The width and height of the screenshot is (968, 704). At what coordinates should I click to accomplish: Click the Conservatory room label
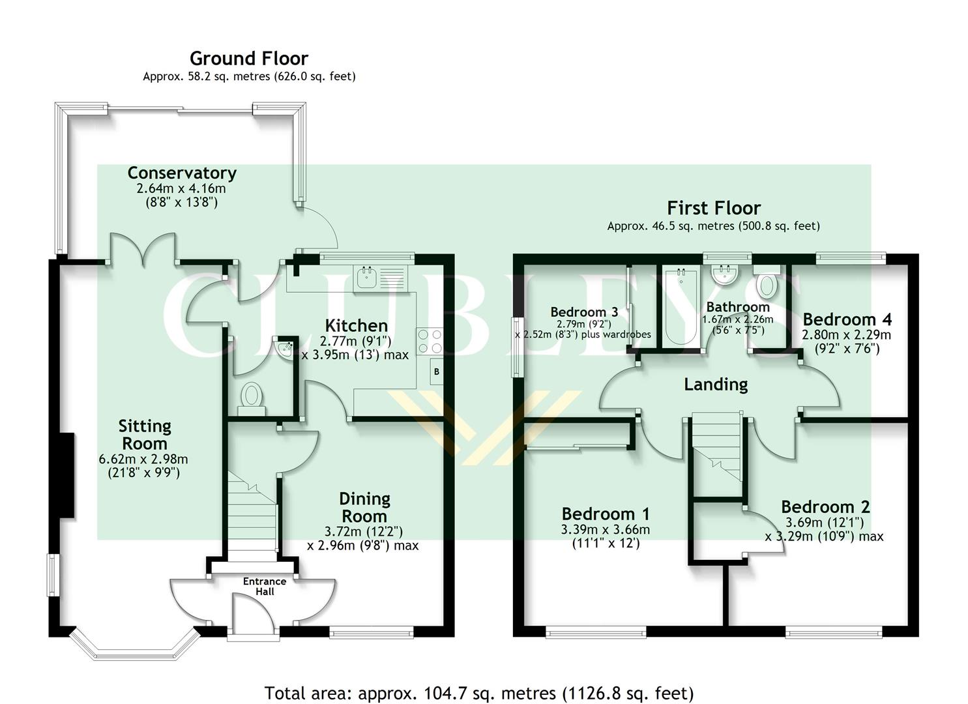pos(181,173)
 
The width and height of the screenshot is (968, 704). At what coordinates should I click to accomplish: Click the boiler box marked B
pos(436,372)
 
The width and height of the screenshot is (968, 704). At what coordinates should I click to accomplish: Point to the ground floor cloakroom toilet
pos(252,396)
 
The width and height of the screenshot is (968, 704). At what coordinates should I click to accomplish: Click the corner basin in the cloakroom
pos(286,349)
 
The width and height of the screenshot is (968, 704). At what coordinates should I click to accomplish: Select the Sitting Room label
pos(145,435)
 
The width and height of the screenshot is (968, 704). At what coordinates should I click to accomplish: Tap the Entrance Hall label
pos(265,586)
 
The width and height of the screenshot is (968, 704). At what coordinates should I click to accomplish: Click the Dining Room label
pos(364,507)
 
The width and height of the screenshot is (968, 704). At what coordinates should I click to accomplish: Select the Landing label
pos(715,385)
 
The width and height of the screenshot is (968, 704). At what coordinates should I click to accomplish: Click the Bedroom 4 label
pos(847,319)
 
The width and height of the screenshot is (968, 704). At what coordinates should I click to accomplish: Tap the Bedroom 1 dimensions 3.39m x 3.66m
pos(605,529)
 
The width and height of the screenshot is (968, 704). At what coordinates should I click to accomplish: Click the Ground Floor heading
pos(248,59)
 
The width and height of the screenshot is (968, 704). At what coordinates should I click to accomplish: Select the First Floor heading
pos(713,209)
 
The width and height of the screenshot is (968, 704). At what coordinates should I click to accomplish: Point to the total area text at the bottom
pos(478,692)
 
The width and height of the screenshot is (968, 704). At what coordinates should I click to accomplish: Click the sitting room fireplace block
pos(67,475)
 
